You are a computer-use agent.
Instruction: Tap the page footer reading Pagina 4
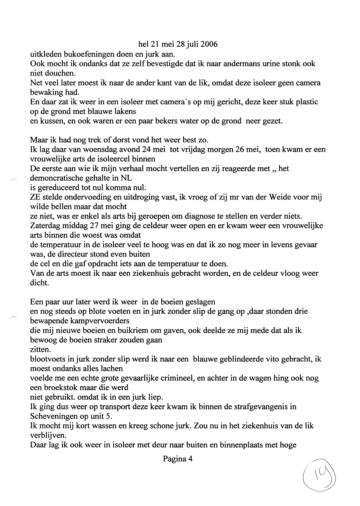click(x=178, y=459)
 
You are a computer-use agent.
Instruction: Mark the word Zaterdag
click(x=44, y=226)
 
